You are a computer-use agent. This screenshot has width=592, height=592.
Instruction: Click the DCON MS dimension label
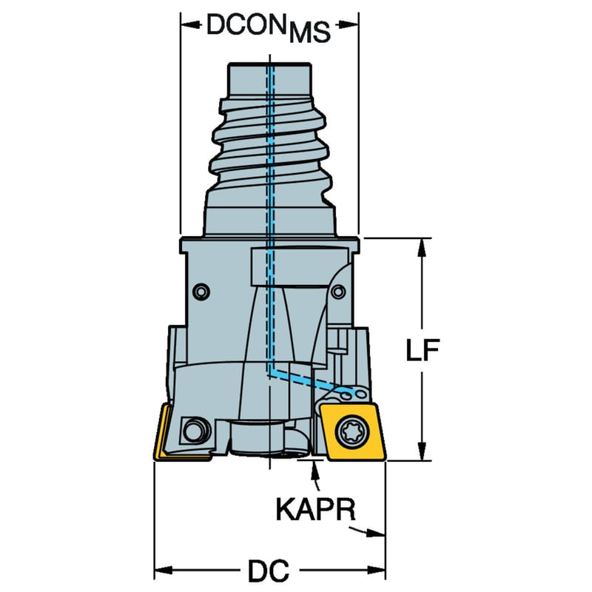point(269,28)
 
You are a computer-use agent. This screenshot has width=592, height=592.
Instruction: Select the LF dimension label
point(423,349)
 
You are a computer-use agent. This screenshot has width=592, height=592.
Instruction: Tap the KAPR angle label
point(316,509)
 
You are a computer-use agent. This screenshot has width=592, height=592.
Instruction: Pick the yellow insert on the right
point(353,431)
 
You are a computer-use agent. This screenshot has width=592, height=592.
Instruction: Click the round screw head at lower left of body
point(195,430)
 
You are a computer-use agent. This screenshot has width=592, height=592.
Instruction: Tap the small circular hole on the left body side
point(201,292)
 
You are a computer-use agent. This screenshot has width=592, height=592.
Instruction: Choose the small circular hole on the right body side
point(338,292)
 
